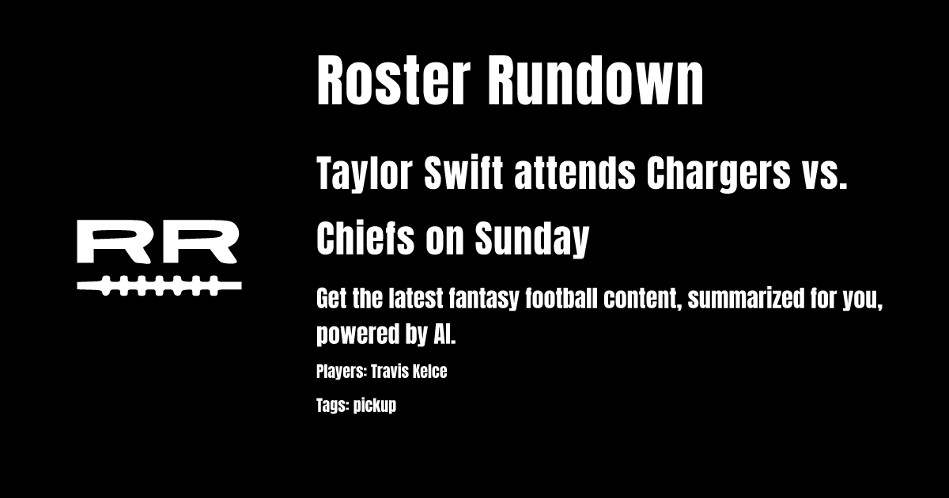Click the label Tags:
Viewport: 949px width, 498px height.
pyautogui.click(x=332, y=406)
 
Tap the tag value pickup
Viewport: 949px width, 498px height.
pyautogui.click(x=374, y=406)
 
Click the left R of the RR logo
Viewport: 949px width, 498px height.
pyautogui.click(x=114, y=243)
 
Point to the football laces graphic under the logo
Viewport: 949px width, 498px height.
pyautogui.click(x=159, y=285)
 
